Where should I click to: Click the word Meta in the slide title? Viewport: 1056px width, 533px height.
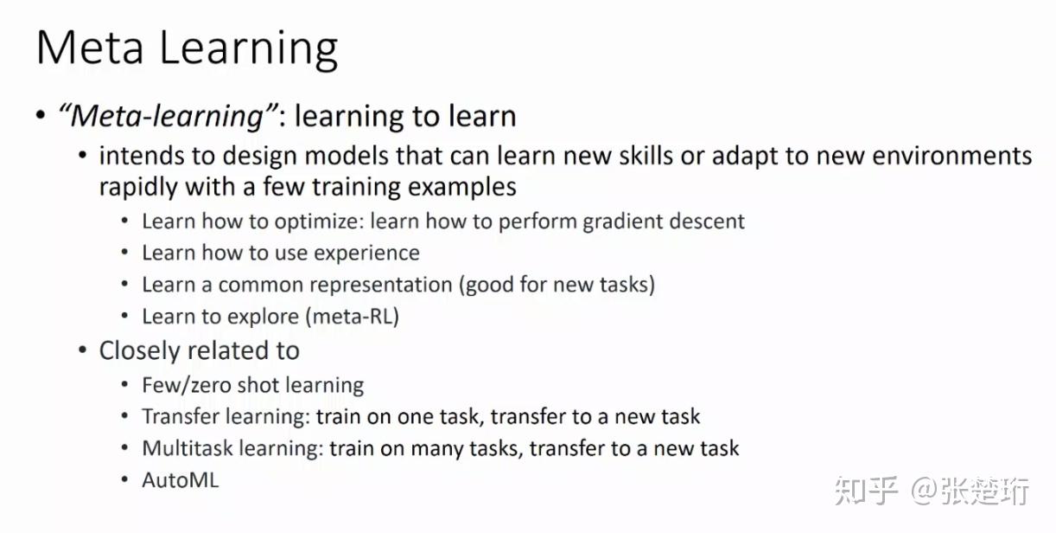[x=90, y=48]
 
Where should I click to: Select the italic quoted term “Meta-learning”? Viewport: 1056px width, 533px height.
[x=169, y=116]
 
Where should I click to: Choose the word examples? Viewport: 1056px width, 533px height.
[x=462, y=187]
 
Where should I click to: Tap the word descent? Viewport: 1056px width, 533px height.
[x=707, y=221]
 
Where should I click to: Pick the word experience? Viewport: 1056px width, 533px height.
[x=366, y=254]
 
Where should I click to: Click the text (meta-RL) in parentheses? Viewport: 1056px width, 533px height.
[x=353, y=317]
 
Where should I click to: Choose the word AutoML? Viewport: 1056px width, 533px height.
[x=181, y=480]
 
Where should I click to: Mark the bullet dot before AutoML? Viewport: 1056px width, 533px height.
[x=124, y=479]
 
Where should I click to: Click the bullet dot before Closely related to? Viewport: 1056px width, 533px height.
[x=82, y=350]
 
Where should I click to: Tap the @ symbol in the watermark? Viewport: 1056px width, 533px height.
[x=924, y=491]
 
